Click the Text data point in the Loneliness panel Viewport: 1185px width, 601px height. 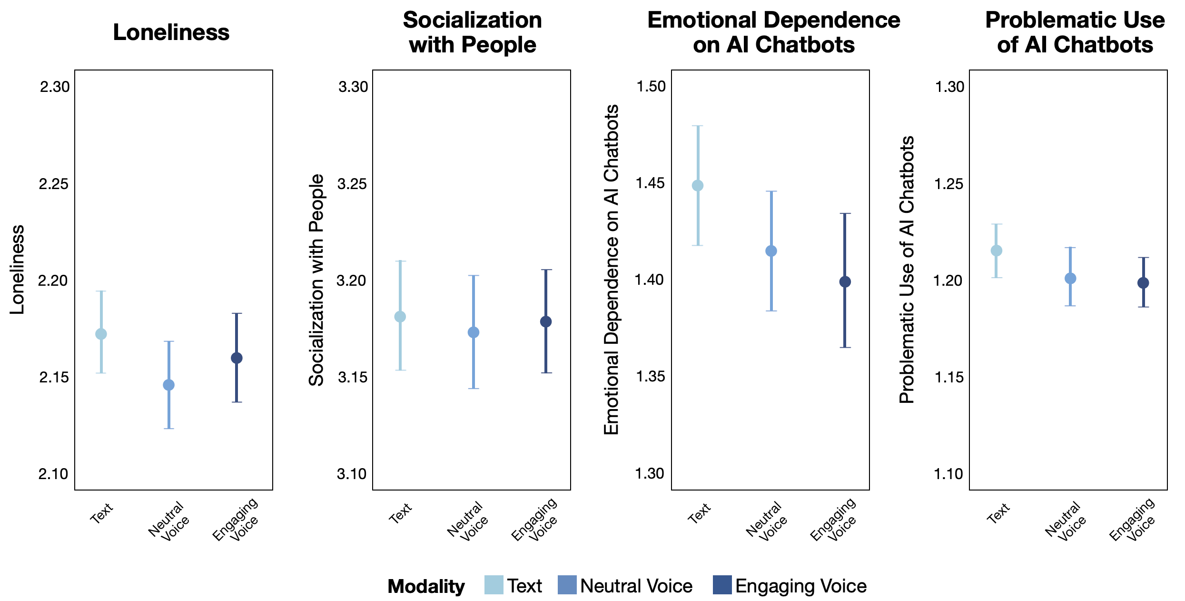tap(101, 334)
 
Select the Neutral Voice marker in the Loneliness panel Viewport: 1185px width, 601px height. tap(168, 385)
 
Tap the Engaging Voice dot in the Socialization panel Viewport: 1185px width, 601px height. tap(546, 321)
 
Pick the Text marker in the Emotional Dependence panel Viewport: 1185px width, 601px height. tap(698, 185)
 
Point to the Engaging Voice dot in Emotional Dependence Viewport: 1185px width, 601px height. tap(845, 282)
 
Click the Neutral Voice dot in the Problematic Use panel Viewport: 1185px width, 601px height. tap(1070, 279)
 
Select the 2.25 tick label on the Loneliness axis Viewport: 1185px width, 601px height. tap(54, 184)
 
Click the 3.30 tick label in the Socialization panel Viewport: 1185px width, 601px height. tap(353, 87)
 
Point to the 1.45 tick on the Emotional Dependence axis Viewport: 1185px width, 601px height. tap(651, 183)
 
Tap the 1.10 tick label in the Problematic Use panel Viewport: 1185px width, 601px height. tap(949, 474)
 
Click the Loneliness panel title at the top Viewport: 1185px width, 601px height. tap(171, 33)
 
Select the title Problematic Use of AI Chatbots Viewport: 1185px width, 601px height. tap(1075, 32)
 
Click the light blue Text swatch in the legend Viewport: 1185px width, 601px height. tap(494, 585)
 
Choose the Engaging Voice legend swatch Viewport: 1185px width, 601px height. tap(722, 585)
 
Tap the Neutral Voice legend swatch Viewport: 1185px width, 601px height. tap(567, 585)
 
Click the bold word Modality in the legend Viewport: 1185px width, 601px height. tap(426, 586)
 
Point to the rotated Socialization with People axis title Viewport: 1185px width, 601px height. tap(316, 280)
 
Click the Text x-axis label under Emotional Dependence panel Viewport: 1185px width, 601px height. tap(699, 513)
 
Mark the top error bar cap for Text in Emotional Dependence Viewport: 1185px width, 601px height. tap(698, 126)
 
